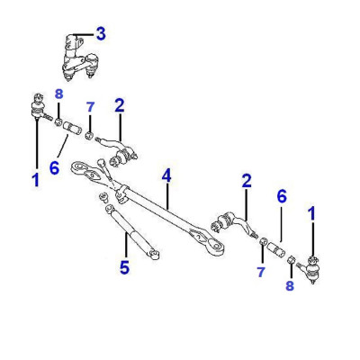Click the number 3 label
point(101,34)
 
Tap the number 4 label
point(166,175)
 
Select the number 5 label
point(124,267)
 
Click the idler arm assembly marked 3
point(79,58)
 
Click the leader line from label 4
point(167,196)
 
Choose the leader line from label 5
point(127,247)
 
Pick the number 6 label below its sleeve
point(54,167)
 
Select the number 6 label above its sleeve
point(282,196)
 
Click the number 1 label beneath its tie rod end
point(36,179)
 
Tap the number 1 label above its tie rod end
point(312,213)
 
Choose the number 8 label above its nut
point(58,94)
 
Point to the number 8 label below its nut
point(290,285)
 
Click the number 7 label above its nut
point(90,107)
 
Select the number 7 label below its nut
point(261,272)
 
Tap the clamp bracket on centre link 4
point(121,194)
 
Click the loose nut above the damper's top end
point(103,197)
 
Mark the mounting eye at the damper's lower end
point(154,255)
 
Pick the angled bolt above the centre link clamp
point(105,172)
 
